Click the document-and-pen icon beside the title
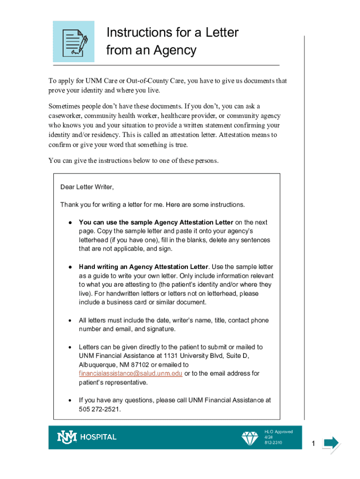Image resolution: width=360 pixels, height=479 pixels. (x=73, y=42)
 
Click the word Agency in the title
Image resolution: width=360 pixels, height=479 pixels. (x=173, y=50)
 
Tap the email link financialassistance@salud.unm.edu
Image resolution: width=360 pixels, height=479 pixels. (x=130, y=373)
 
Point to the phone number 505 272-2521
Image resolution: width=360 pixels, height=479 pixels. (x=100, y=409)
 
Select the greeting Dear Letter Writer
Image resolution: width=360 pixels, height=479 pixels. (x=86, y=187)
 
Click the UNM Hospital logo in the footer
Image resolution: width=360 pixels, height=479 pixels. (x=86, y=437)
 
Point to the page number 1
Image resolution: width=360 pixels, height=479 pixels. (x=315, y=443)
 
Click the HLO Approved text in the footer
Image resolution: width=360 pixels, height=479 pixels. (x=278, y=432)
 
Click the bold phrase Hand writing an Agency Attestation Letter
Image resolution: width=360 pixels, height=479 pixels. (x=144, y=267)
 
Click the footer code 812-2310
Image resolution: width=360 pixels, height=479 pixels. (x=273, y=443)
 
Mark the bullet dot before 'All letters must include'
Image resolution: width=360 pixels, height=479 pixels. (x=70, y=320)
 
